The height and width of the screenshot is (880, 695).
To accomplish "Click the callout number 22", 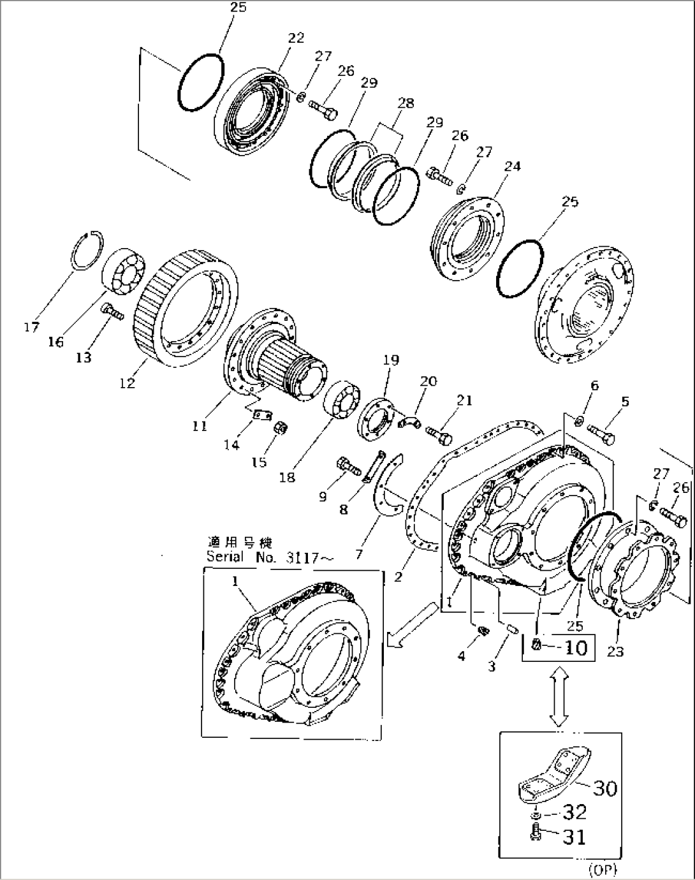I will pyautogui.click(x=296, y=38).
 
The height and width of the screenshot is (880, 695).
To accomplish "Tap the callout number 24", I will pyautogui.click(x=513, y=166).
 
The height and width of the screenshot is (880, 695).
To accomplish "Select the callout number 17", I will pyautogui.click(x=31, y=327).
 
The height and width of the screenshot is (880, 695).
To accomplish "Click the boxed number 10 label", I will pyautogui.click(x=576, y=647).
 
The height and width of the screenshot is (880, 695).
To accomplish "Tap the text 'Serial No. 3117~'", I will pyautogui.click(x=270, y=557).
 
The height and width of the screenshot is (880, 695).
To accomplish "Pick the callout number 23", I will pyautogui.click(x=616, y=651).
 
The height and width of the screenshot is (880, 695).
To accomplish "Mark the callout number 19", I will pyautogui.click(x=391, y=360).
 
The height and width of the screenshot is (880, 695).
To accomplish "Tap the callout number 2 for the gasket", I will pyautogui.click(x=398, y=577).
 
